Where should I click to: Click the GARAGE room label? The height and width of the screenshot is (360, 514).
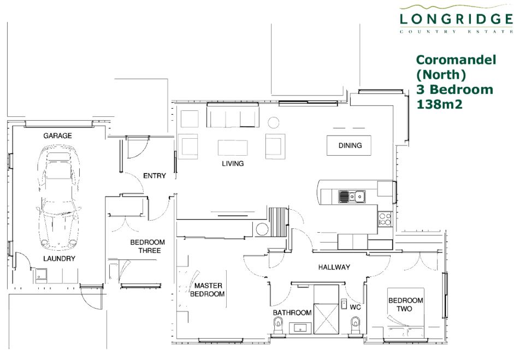[x=57, y=135]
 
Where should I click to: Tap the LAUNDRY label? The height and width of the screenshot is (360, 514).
[x=59, y=259]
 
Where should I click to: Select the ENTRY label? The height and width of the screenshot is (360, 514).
[x=155, y=176]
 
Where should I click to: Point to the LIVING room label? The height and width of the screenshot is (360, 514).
[x=233, y=163]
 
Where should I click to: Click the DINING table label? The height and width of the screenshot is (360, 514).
[x=350, y=145]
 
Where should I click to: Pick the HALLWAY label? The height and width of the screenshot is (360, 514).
[x=334, y=267]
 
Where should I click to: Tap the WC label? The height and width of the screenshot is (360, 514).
[x=356, y=307]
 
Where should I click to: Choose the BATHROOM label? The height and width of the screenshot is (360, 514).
[x=292, y=313]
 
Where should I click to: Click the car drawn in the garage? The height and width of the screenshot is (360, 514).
[x=60, y=198]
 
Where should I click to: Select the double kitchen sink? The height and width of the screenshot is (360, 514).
[x=352, y=197]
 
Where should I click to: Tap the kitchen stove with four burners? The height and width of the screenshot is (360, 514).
[x=385, y=219]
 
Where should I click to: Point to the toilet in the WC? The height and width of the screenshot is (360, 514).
[x=355, y=326]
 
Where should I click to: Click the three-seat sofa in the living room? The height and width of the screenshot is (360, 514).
[x=233, y=115]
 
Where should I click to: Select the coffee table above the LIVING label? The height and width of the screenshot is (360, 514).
[x=233, y=147]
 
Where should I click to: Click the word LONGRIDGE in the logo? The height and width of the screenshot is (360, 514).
[x=456, y=19]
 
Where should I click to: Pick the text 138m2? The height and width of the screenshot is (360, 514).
[x=439, y=104]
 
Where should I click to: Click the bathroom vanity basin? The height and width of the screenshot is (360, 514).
[x=300, y=328]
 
